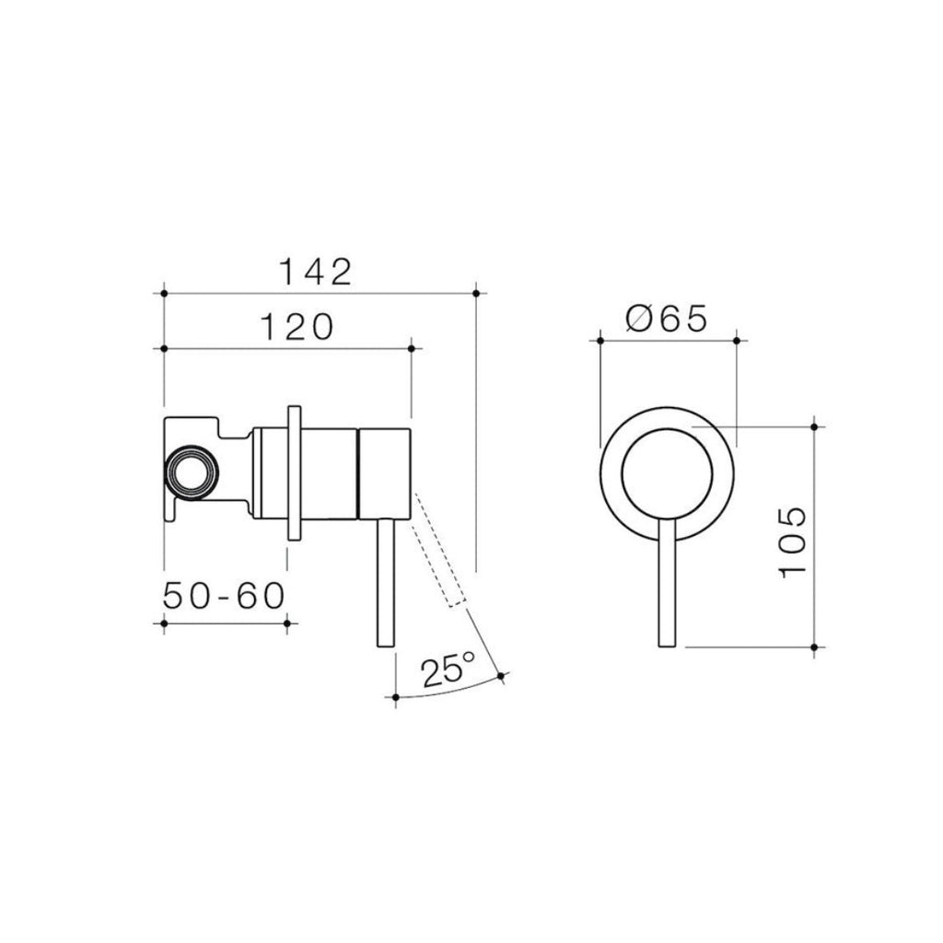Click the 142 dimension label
coord(316,272)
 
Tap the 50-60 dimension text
coord(224,597)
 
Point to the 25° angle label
coord(448,669)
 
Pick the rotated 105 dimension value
coord(793,541)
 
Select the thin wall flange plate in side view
coord(294,471)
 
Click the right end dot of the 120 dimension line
coord(412,348)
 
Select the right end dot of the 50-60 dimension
coord(287,624)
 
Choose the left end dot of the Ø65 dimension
coord(600,341)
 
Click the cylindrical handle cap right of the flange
coord(382,471)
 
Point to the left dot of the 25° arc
coord(395,700)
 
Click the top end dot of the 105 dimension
coord(815,425)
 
